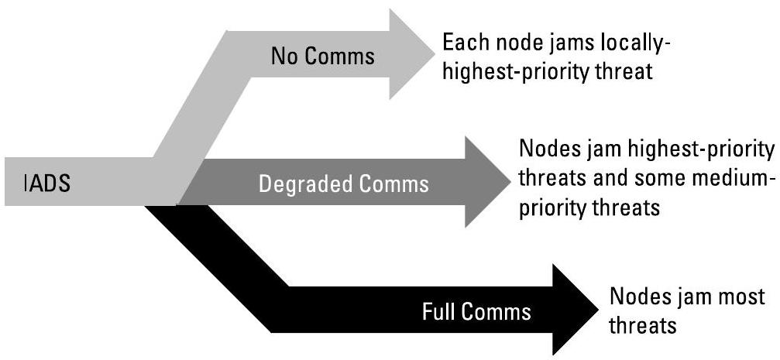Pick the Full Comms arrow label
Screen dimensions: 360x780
point(476,312)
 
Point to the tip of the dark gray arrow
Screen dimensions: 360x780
point(504,183)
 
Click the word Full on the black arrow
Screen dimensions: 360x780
point(439,312)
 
